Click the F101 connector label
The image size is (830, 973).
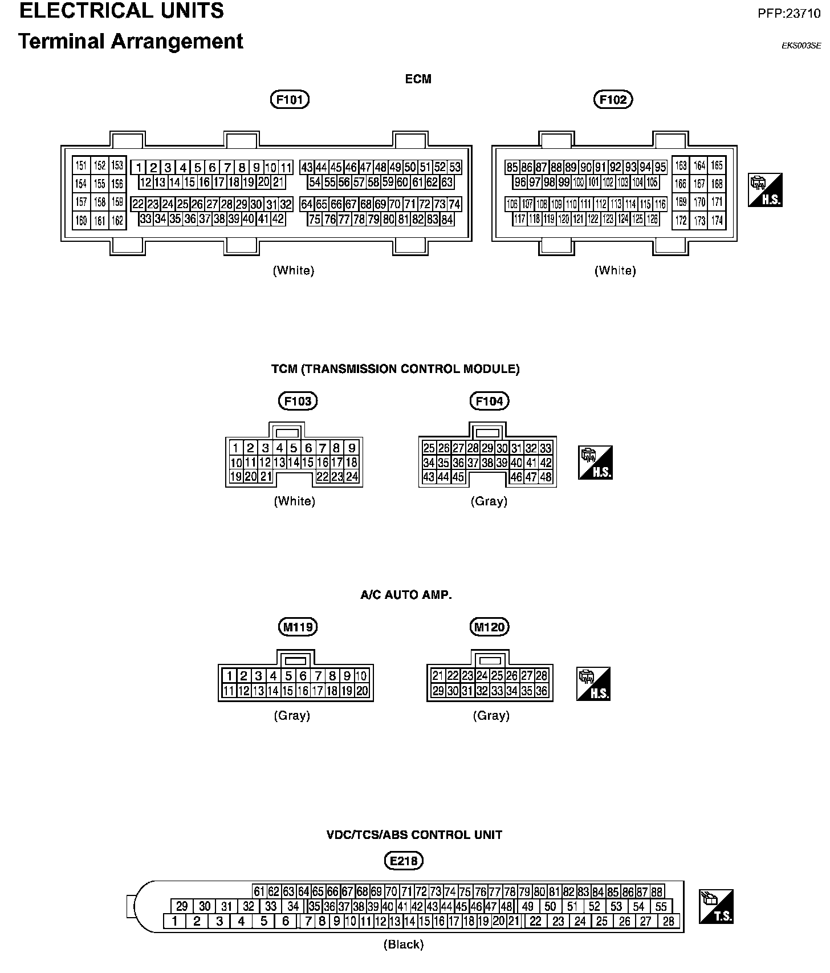(289, 100)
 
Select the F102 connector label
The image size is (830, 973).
(613, 100)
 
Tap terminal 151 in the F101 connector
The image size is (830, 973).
(81, 166)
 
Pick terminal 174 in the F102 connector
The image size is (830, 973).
(717, 220)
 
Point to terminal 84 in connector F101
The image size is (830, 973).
(447, 220)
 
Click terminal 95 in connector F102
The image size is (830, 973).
(660, 168)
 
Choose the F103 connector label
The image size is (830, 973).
(298, 401)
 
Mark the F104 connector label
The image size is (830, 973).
(490, 401)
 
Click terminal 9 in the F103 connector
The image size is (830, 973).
(352, 448)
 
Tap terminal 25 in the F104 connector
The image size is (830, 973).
(429, 448)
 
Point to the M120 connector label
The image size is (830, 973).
(490, 627)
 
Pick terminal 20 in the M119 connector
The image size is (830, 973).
(362, 691)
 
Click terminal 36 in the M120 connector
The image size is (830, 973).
(541, 691)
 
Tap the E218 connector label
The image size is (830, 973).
(404, 861)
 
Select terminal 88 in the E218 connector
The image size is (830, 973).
(657, 891)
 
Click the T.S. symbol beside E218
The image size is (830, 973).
(716, 906)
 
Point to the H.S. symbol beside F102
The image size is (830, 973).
(765, 190)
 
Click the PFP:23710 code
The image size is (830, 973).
(788, 14)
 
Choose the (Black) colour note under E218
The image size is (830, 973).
(404, 944)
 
